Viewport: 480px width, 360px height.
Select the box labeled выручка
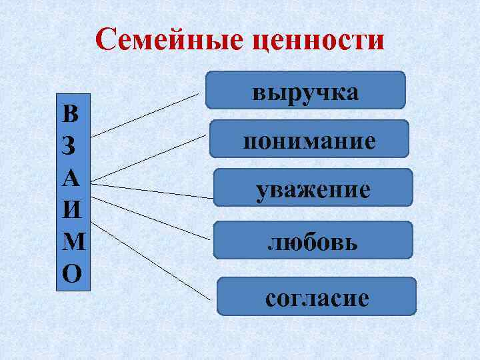point(305,90)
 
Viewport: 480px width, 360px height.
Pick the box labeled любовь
point(313,241)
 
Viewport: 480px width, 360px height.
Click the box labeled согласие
point(317,296)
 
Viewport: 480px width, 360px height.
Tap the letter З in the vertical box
point(71,146)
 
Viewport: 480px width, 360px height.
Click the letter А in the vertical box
point(71,178)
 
